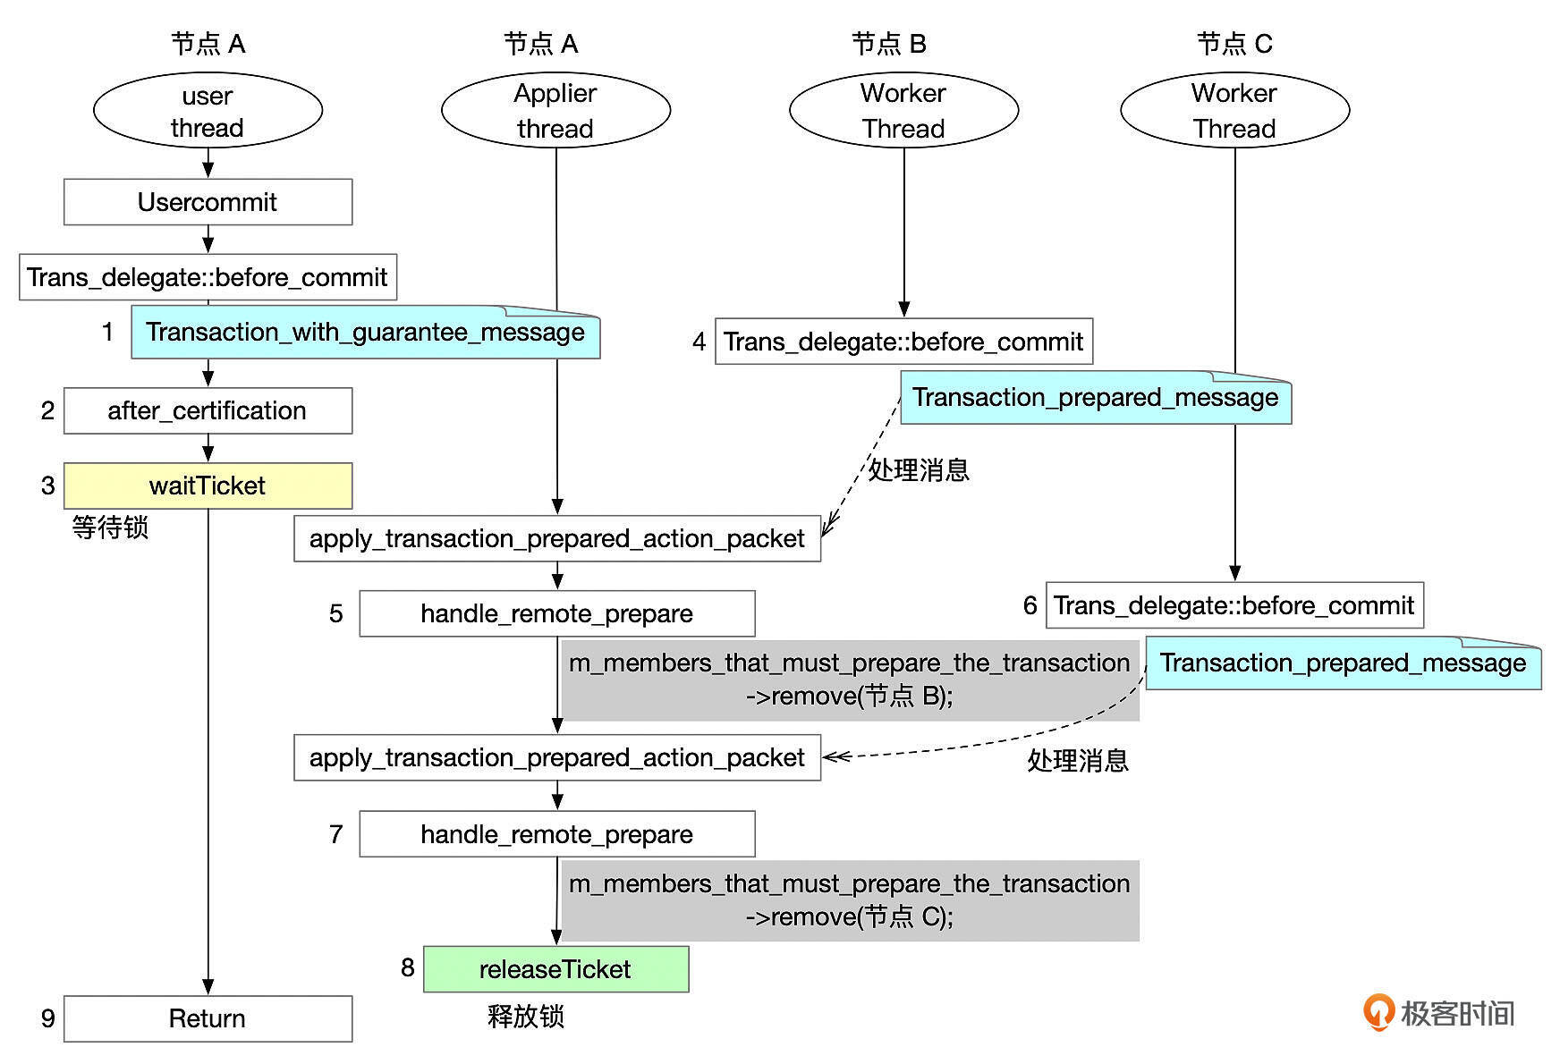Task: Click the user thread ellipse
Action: tap(208, 111)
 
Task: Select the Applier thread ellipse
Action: tap(555, 111)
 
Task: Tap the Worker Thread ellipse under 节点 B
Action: tap(903, 111)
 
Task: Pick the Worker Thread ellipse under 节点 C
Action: tap(1234, 111)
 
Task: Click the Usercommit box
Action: tap(208, 202)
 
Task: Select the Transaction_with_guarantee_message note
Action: tap(365, 333)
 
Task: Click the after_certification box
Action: tap(208, 410)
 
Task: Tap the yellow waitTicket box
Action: tap(208, 486)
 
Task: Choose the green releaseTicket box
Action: tap(555, 969)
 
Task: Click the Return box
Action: tap(208, 1018)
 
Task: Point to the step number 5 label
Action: tap(336, 613)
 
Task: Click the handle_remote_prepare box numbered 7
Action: tap(556, 834)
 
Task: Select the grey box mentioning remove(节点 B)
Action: tap(850, 680)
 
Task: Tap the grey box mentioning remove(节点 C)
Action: tap(850, 900)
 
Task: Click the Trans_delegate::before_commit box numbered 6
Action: tap(1234, 605)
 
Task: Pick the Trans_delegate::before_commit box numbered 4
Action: tap(903, 342)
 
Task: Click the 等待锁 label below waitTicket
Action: tap(110, 528)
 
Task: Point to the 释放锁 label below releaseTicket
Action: tap(526, 1017)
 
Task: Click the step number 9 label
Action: tap(48, 1018)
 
